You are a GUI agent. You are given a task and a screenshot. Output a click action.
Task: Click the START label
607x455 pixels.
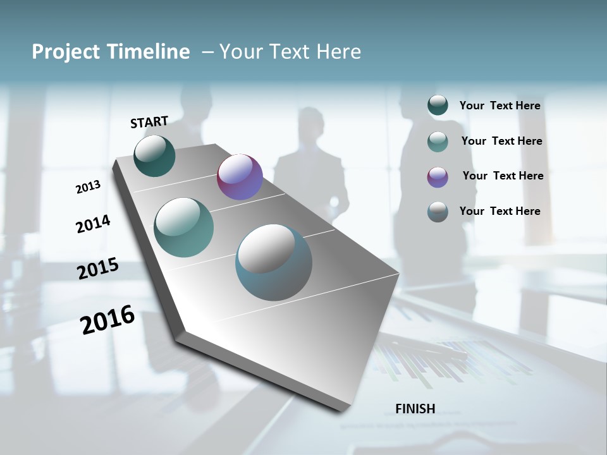click(x=149, y=122)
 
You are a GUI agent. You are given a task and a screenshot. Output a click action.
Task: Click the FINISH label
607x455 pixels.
click(x=415, y=409)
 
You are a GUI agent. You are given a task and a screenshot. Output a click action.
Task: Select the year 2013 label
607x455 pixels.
click(x=88, y=187)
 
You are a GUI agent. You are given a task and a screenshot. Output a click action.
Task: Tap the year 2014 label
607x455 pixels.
click(x=93, y=224)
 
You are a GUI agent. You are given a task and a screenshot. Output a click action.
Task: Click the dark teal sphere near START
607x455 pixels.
click(x=154, y=155)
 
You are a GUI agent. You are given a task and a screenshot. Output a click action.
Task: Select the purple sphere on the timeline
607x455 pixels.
click(x=240, y=177)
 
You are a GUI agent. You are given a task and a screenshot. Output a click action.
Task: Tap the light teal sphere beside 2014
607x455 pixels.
click(x=183, y=227)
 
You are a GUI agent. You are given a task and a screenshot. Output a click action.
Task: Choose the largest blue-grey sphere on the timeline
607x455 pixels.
click(x=273, y=262)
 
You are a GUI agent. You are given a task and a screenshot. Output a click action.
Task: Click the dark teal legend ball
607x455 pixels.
click(x=438, y=106)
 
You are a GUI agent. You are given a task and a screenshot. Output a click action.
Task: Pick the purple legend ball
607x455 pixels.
click(x=438, y=177)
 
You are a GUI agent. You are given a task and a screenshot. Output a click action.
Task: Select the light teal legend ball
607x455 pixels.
click(x=438, y=142)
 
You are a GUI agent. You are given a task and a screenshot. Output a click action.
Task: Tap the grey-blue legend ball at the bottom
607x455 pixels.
click(x=438, y=212)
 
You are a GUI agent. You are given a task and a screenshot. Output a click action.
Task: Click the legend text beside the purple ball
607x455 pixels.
click(x=503, y=176)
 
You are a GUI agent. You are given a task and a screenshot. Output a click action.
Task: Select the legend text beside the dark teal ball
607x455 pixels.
click(x=500, y=106)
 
